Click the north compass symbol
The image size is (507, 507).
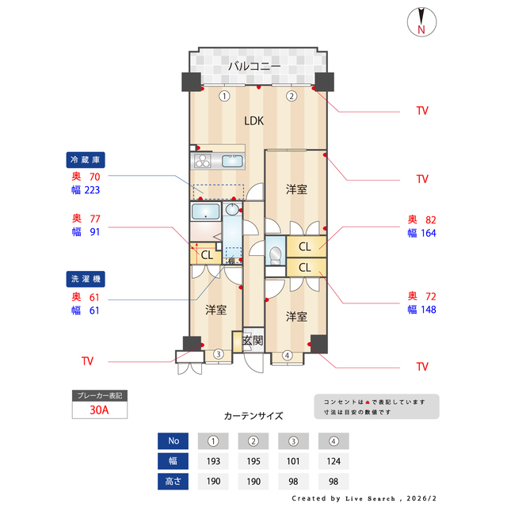click(421, 22)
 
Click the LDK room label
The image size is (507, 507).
click(253, 121)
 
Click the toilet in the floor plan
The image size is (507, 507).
click(274, 253)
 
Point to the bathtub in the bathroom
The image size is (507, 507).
click(205, 212)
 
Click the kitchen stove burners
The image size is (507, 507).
click(202, 161)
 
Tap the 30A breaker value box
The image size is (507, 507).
click(99, 410)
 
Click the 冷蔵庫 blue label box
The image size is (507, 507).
click(88, 158)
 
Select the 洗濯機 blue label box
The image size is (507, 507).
click(88, 280)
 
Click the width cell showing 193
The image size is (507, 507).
click(213, 461)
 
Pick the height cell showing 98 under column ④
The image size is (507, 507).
click(334, 481)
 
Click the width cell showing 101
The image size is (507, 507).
click(293, 461)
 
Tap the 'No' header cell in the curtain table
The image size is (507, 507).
click(173, 441)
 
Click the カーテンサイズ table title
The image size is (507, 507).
click(253, 415)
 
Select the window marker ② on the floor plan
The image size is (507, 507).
click(291, 96)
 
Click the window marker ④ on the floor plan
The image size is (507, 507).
click(287, 356)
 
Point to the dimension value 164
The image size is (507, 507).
click(428, 233)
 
